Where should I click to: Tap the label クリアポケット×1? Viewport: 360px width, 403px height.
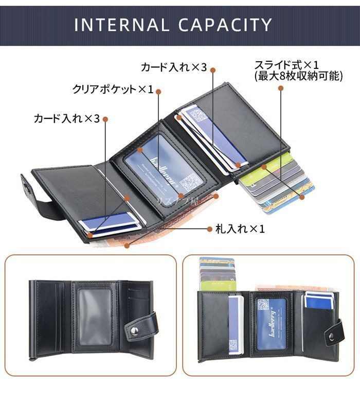pyautogui.click(x=113, y=90)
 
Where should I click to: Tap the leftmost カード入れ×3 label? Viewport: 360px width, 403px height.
pyautogui.click(x=66, y=119)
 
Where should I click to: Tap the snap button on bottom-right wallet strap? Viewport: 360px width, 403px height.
pyautogui.click(x=331, y=337)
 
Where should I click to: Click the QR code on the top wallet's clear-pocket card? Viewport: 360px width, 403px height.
pyautogui.click(x=191, y=181)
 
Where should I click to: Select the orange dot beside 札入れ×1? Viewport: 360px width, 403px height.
pyautogui.click(x=209, y=228)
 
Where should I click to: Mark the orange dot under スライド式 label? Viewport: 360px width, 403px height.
pyautogui.click(x=281, y=88)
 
